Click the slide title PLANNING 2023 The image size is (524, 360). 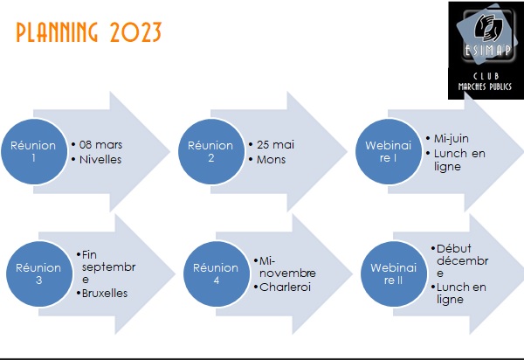pos(89,32)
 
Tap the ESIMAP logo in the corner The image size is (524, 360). pos(486,50)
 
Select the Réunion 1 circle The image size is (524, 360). pos(34,151)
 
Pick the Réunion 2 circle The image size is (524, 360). pos(210,151)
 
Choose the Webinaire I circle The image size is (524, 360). pos(389,151)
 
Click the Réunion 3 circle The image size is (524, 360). pos(39,273)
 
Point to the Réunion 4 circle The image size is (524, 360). pos(217,273)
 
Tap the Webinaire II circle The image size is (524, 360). pos(394,273)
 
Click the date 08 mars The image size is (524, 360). pos(100,145)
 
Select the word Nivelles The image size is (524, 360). pos(100,159)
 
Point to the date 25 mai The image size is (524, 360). pos(275,145)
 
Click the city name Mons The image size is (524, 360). pos(271,159)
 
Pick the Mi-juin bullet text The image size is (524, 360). pos(452,139)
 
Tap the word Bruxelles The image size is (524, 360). pos(105,293)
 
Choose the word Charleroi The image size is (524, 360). pos(285,287)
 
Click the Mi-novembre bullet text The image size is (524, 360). pos(287,267)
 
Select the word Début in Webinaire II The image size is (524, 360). pos(454,249)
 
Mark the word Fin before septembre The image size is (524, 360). pos(89,254)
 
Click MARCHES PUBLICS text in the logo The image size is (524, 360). pos(485,87)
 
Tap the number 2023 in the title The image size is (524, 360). pos(135,32)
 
